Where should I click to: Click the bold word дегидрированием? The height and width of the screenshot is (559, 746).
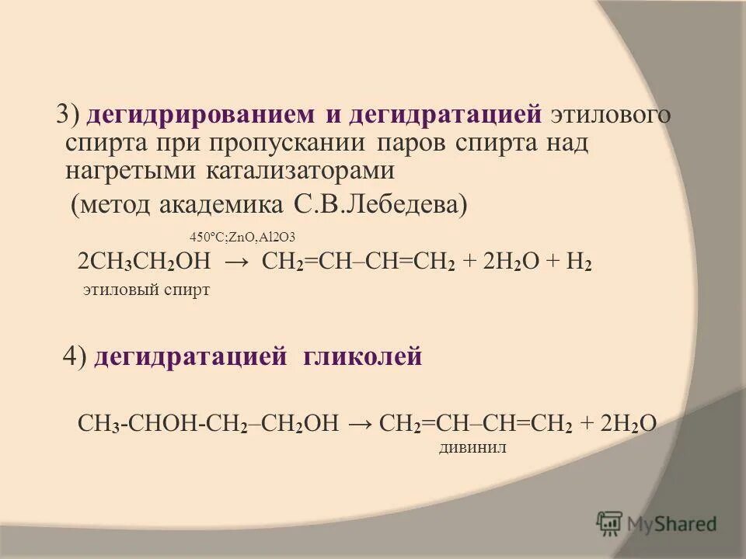[200, 116]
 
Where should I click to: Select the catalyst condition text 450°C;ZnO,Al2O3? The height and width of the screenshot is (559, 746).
[242, 237]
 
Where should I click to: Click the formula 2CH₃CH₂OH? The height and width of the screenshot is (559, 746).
[145, 262]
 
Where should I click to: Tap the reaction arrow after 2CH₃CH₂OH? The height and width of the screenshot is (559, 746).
[236, 262]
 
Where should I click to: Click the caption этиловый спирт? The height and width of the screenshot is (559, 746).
[146, 291]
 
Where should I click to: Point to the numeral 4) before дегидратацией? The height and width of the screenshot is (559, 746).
[75, 356]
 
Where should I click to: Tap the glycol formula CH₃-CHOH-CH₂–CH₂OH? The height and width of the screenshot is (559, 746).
[209, 422]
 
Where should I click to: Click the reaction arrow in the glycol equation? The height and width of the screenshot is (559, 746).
[360, 422]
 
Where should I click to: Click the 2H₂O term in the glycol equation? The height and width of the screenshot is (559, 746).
[628, 422]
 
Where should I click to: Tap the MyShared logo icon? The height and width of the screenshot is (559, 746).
[609, 523]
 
